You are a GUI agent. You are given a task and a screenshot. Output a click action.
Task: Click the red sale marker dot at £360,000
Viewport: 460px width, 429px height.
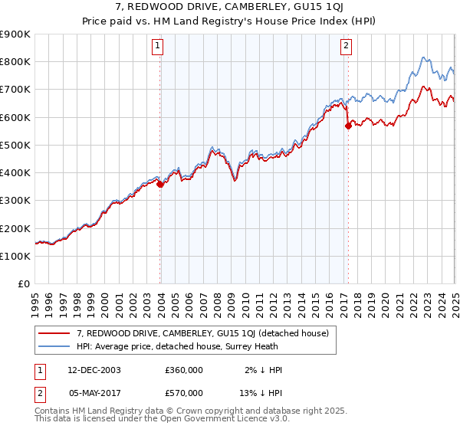(x=160, y=184)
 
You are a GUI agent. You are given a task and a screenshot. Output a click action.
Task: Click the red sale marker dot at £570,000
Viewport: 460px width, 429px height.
(x=348, y=126)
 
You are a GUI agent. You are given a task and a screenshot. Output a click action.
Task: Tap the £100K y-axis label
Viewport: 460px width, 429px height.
(x=15, y=256)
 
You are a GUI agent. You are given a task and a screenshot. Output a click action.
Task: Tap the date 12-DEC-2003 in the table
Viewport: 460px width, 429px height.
(x=94, y=370)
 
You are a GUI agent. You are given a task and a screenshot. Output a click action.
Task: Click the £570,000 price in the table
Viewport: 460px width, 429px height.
(x=183, y=393)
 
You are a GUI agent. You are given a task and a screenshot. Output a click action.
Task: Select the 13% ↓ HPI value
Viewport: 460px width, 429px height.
(x=260, y=393)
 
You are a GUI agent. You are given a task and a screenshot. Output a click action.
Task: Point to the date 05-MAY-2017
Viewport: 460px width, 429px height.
(x=94, y=393)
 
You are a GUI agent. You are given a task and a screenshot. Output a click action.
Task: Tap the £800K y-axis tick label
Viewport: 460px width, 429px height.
(x=15, y=61)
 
